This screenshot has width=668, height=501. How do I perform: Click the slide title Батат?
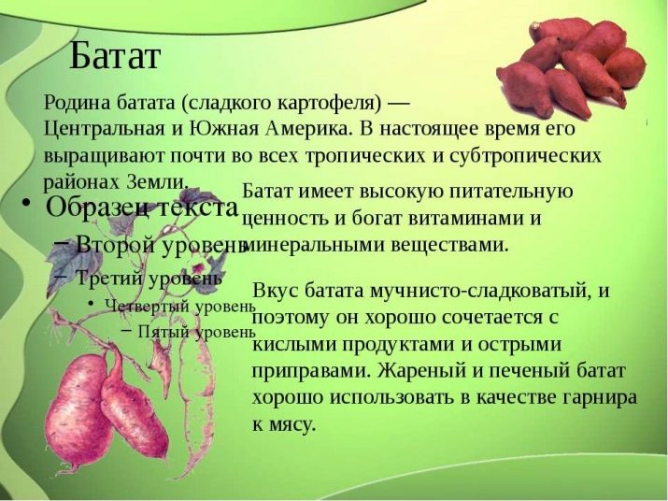(x=115, y=56)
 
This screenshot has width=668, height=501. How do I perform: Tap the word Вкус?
(x=276, y=291)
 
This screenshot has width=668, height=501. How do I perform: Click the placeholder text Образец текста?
(x=142, y=207)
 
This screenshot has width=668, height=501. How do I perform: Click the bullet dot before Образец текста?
(x=26, y=202)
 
